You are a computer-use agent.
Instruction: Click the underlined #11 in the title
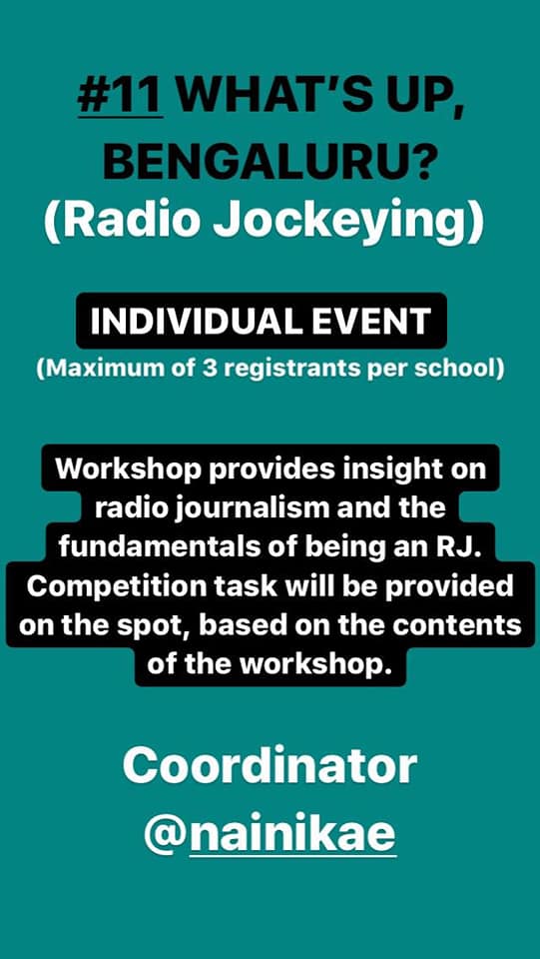(121, 97)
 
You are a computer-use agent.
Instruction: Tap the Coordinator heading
(270, 767)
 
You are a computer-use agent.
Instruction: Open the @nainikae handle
(270, 835)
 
